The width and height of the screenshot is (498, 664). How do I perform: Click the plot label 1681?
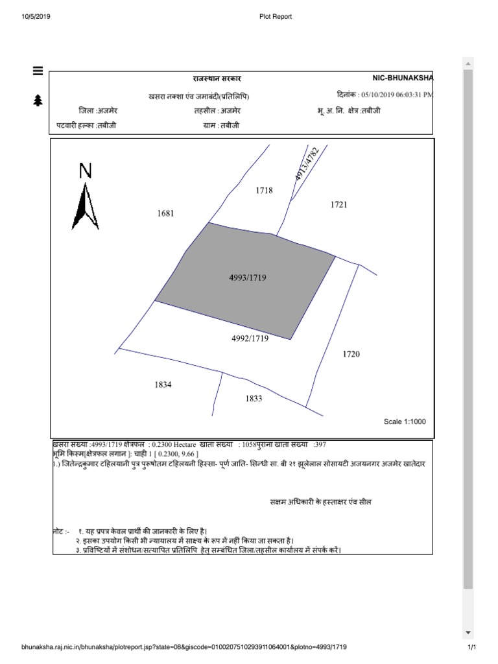click(x=166, y=213)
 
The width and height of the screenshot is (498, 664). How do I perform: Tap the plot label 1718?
click(x=264, y=191)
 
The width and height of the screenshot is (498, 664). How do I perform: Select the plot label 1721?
click(x=338, y=205)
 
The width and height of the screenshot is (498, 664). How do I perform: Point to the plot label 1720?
click(x=351, y=354)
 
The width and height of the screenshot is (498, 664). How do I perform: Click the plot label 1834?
click(x=163, y=385)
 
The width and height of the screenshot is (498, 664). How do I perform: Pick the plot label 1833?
click(x=254, y=399)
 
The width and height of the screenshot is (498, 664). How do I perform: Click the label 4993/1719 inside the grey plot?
click(x=248, y=278)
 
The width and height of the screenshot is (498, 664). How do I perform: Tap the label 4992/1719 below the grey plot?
click(x=250, y=338)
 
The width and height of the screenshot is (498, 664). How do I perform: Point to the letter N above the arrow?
click(x=86, y=171)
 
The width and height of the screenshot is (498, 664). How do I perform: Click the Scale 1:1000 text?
click(x=405, y=421)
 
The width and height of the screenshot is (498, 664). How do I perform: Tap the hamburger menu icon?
click(x=38, y=71)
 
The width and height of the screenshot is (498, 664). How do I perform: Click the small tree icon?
click(x=38, y=100)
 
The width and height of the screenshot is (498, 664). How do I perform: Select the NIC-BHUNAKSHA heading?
click(x=402, y=78)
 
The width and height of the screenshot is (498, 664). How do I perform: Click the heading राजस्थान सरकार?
click(x=217, y=78)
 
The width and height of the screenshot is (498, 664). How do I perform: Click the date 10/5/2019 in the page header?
click(x=36, y=16)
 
